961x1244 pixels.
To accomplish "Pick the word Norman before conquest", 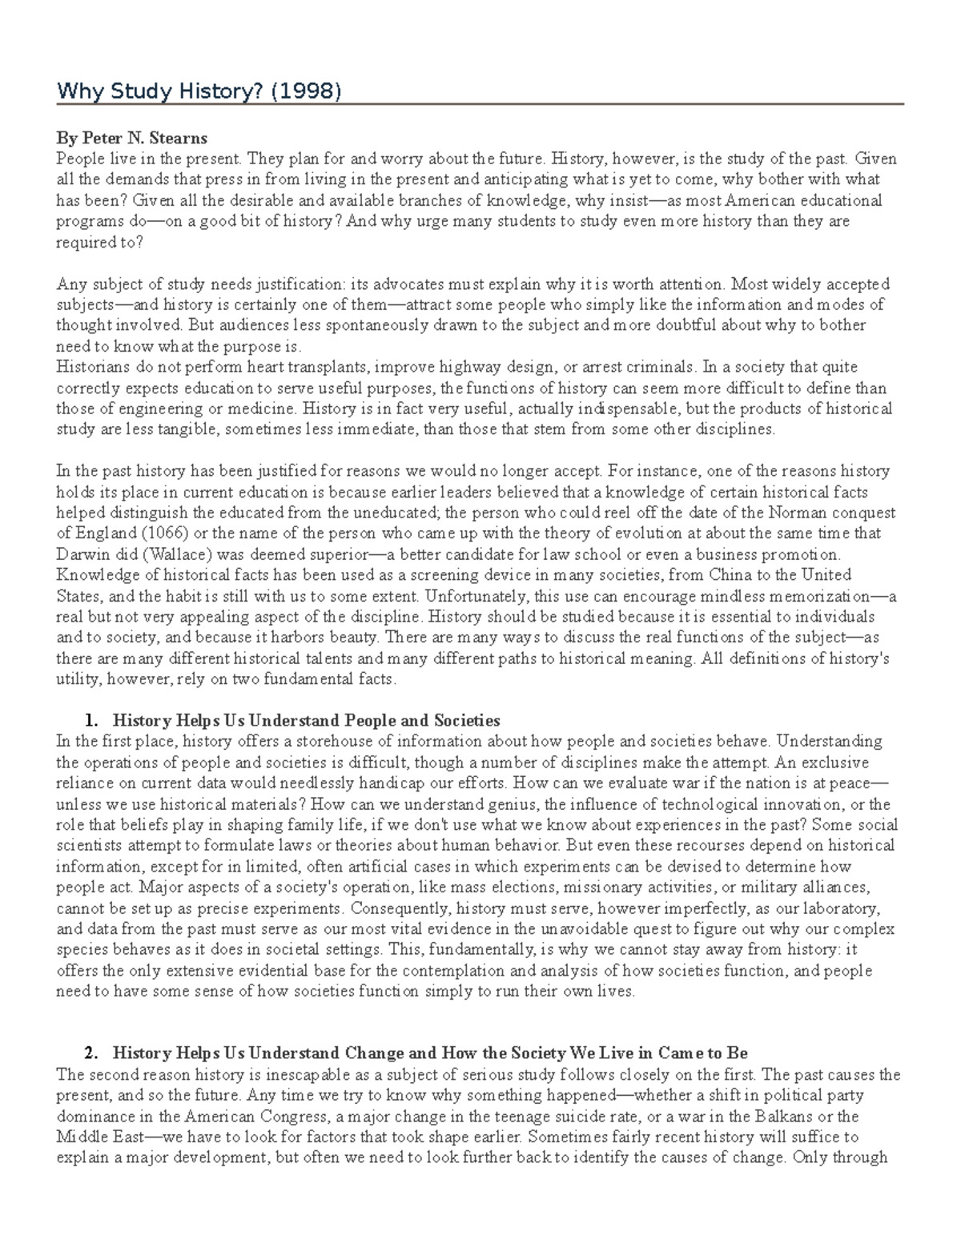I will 791,513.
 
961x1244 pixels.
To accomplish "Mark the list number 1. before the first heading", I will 90,721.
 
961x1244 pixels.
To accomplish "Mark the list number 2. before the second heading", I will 90,1053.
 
